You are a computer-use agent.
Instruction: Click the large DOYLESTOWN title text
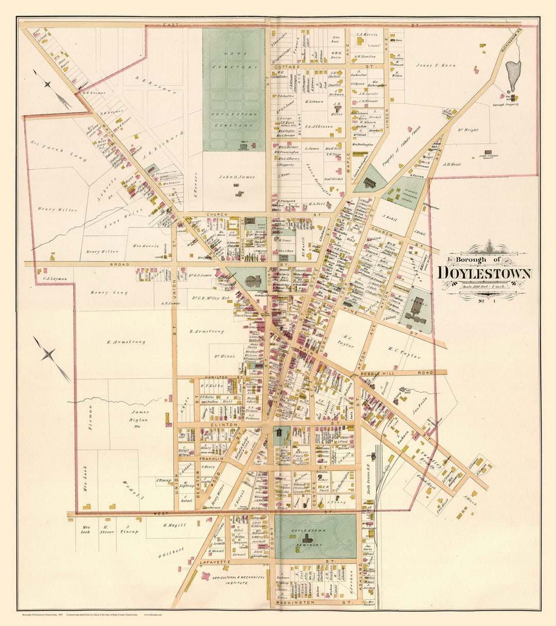(x=484, y=273)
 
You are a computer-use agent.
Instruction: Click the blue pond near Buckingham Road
(x=513, y=75)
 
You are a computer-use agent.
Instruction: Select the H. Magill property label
(x=174, y=525)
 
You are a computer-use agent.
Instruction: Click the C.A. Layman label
(x=55, y=279)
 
